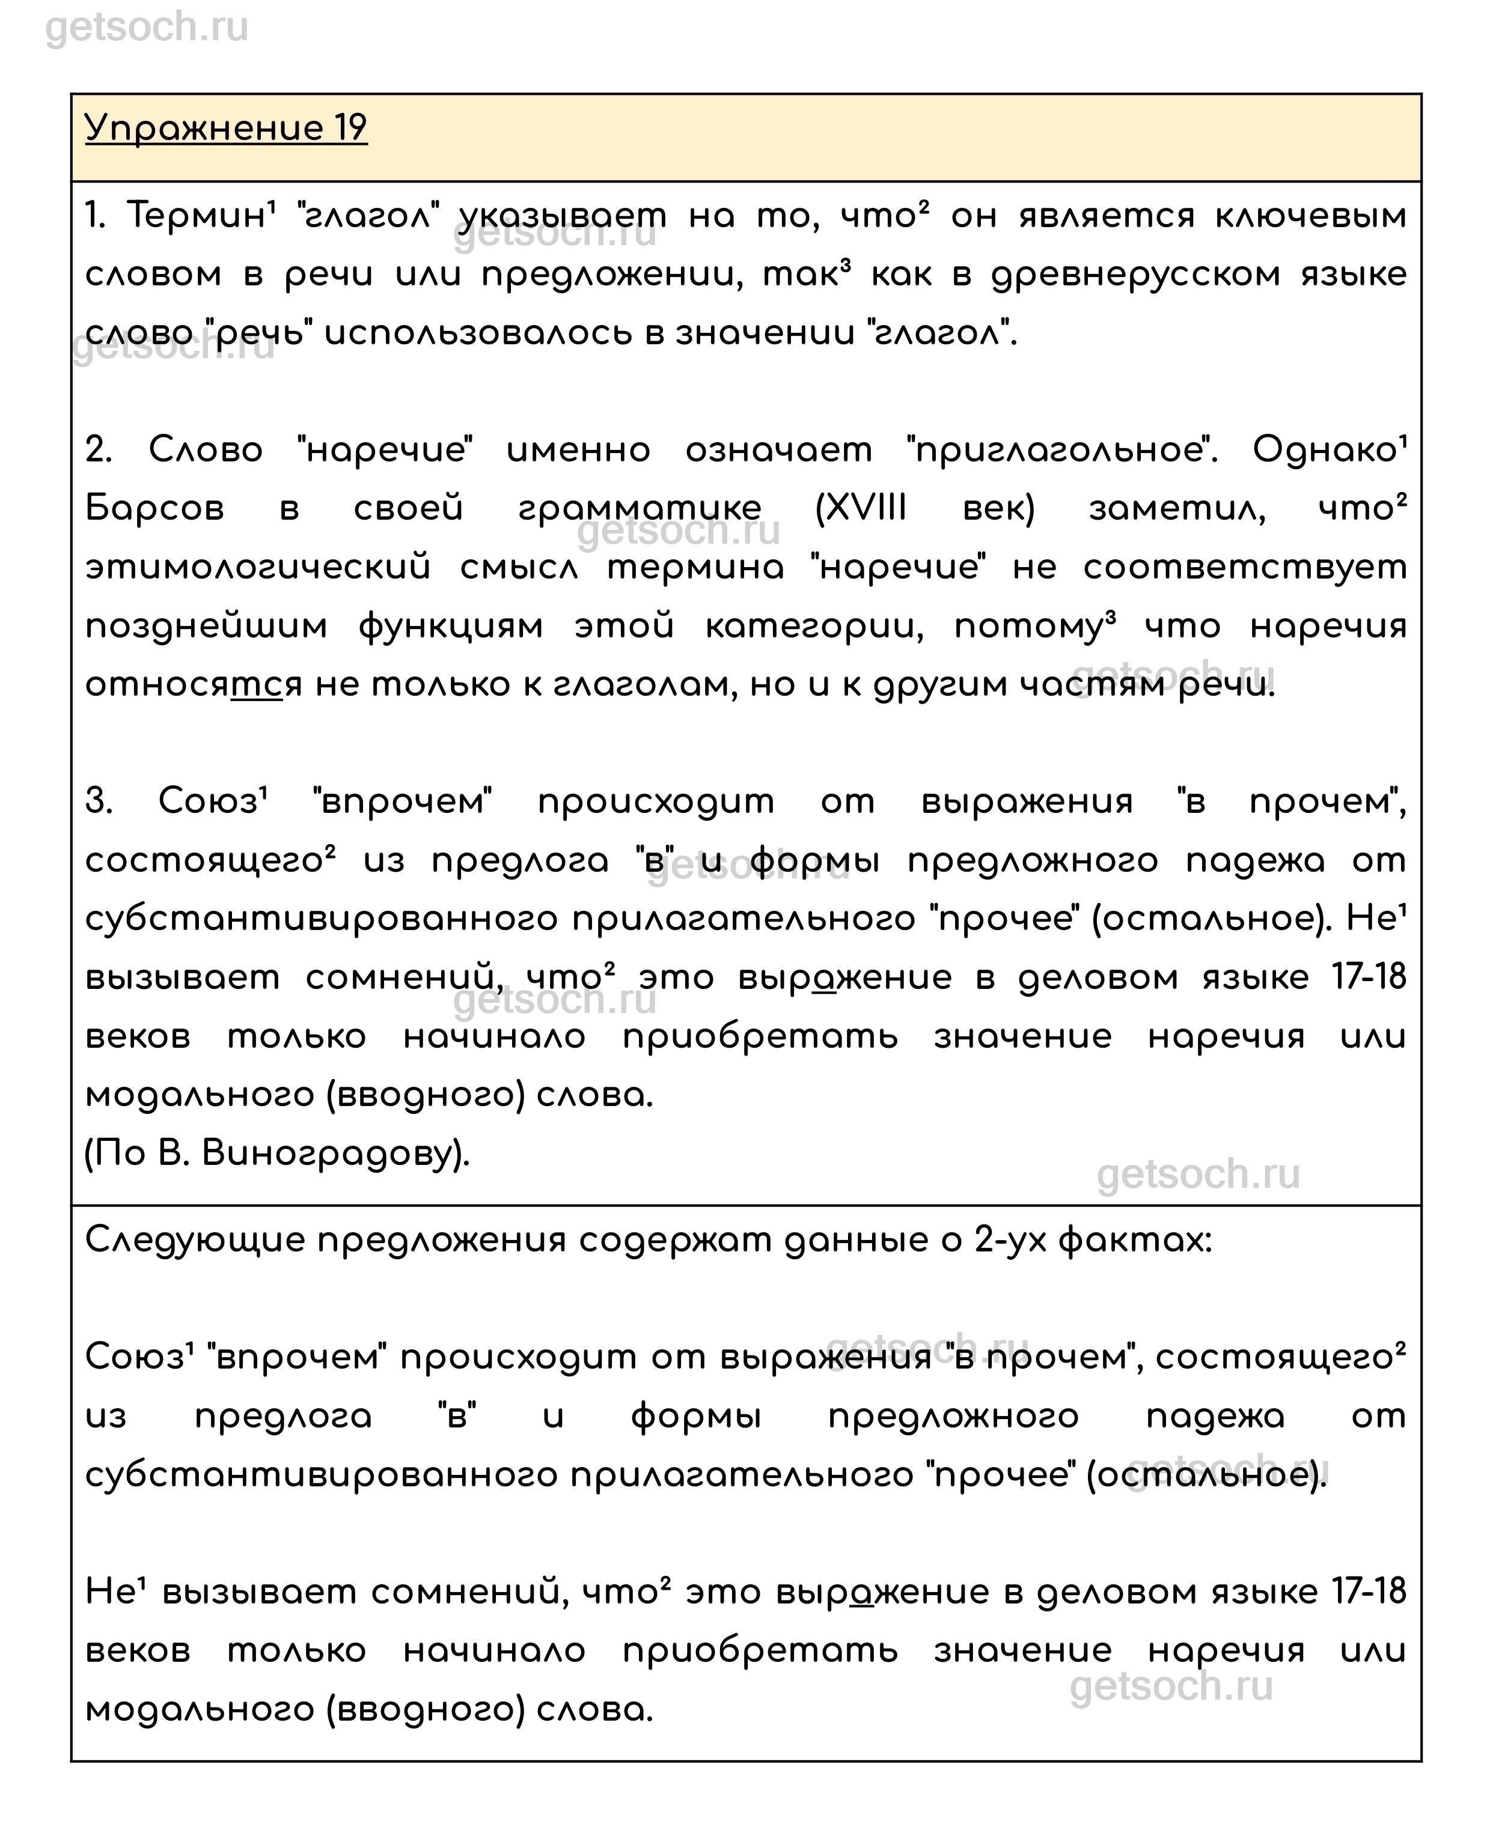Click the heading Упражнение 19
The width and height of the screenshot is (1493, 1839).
point(226,128)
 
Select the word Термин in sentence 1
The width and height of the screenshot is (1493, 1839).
point(196,215)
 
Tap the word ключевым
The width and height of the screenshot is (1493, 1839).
point(1311,215)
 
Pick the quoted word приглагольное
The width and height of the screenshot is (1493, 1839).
point(1061,449)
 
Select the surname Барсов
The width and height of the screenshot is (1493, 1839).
point(155,508)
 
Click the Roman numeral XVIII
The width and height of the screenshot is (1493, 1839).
point(861,508)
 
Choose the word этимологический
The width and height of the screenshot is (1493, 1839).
point(258,567)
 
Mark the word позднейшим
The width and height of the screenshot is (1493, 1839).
point(206,626)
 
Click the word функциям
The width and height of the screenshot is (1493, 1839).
point(451,626)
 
